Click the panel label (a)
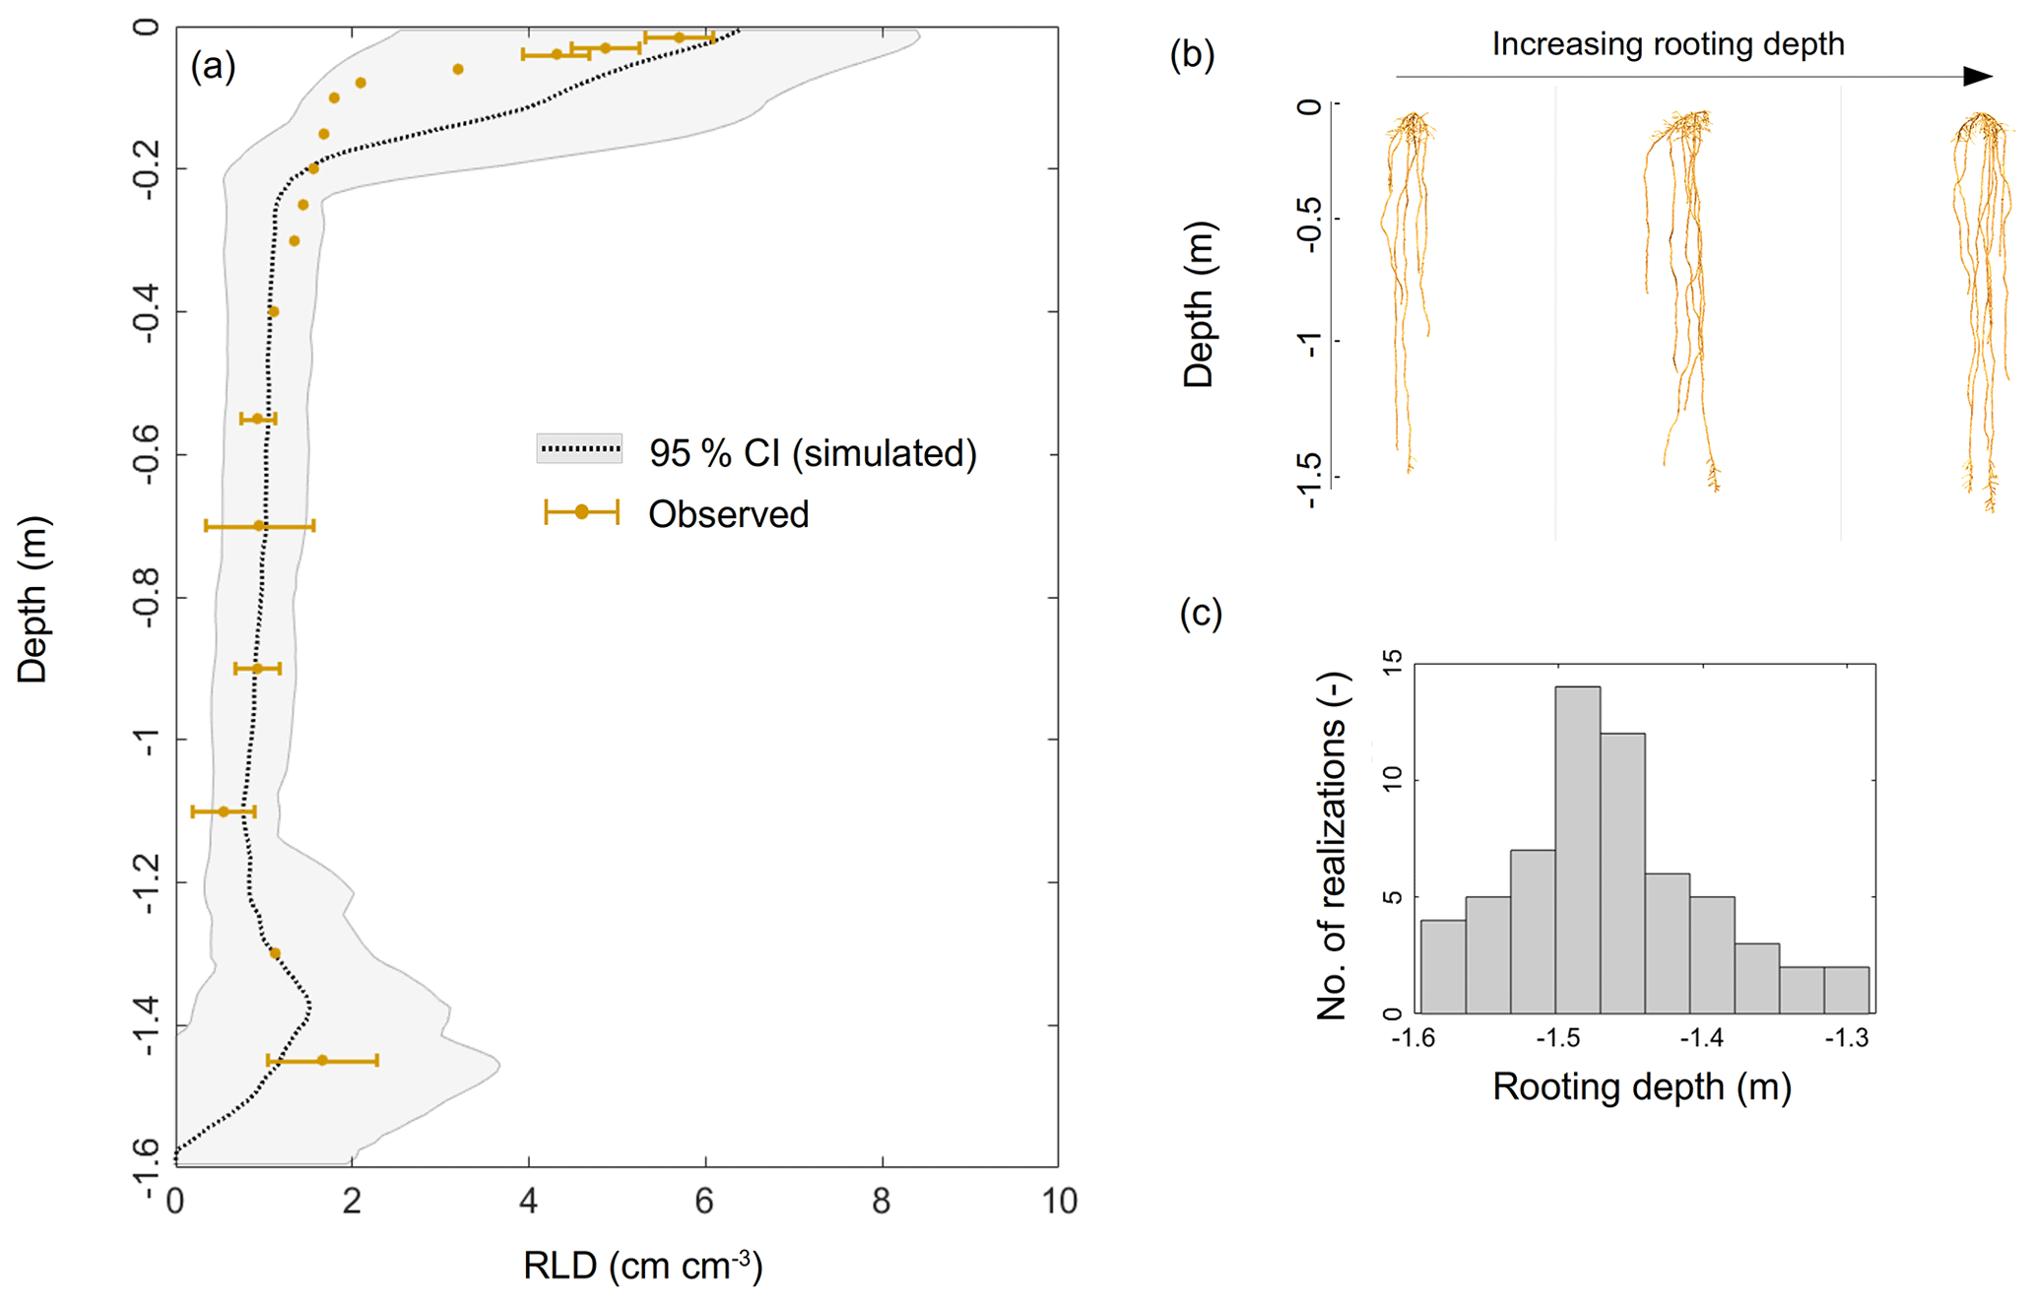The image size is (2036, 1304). [213, 66]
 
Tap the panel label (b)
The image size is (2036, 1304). [1192, 55]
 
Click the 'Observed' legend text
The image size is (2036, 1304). [728, 514]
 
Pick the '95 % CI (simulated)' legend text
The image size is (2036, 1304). [813, 453]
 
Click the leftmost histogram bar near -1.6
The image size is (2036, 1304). [1443, 965]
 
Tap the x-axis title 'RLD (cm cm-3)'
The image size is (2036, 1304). [642, 1265]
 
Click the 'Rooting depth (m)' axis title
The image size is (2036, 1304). [1641, 1087]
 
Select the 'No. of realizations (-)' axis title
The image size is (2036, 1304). [1332, 845]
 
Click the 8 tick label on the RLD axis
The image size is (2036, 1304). [882, 1202]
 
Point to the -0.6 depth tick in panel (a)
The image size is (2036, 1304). [147, 455]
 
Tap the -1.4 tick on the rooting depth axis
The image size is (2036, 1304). [1701, 1038]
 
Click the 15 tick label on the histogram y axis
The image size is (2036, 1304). [1392, 663]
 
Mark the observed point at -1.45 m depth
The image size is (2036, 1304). [322, 1060]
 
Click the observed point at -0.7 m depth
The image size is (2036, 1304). [259, 526]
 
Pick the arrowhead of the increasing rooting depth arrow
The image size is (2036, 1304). [1977, 77]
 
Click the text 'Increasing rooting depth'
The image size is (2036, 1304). [1668, 44]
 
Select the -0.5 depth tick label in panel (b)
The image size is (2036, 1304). [1309, 225]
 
